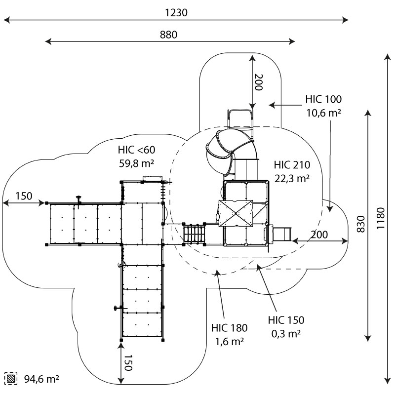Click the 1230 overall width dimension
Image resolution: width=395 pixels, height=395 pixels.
pyautogui.click(x=176, y=13)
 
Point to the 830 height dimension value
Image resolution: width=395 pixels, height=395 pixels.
pyautogui.click(x=361, y=225)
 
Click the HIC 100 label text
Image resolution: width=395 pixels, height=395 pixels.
pyautogui.click(x=323, y=99)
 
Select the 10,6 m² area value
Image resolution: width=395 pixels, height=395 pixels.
pyautogui.click(x=323, y=113)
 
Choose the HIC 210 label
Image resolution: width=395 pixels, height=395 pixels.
pyautogui.click(x=292, y=165)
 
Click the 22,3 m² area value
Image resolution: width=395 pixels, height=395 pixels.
pyautogui.click(x=292, y=178)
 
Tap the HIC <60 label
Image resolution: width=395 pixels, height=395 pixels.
pyautogui.click(x=136, y=150)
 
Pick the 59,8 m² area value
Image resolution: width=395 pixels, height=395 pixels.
pyautogui.click(x=136, y=163)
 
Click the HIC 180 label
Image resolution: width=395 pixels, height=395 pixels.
pyautogui.click(x=229, y=327)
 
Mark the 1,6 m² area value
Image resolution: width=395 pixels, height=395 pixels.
pyautogui.click(x=229, y=341)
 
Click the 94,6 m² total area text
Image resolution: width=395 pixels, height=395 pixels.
pyautogui.click(x=41, y=379)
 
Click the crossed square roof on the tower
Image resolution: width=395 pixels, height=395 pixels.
pyautogui.click(x=235, y=213)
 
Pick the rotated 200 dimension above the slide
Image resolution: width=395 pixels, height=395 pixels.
pyautogui.click(x=258, y=81)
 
